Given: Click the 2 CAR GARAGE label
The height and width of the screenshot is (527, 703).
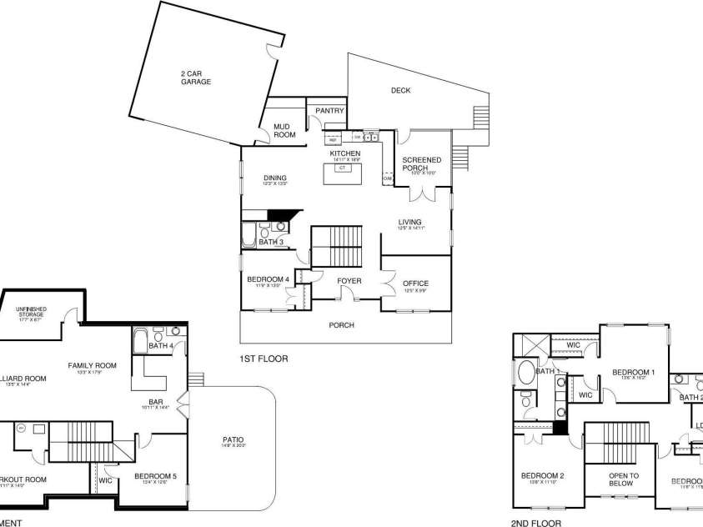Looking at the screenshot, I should coord(196,78).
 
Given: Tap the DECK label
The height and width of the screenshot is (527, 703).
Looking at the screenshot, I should coord(401,91).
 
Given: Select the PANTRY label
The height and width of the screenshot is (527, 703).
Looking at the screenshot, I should coord(329,110).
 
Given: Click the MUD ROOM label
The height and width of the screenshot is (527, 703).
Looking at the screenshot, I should coord(284,130).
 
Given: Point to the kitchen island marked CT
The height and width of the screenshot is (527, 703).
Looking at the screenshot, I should coord(342,168).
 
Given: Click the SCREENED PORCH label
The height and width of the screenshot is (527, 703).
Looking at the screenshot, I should coord(422,163).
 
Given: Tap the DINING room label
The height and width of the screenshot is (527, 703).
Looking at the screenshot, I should coord(275,178).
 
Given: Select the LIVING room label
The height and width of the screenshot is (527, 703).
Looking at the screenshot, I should coord(409,222).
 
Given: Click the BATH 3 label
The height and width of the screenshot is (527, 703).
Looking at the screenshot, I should coord(271,242).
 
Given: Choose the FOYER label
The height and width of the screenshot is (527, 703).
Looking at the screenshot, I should coord(349,281).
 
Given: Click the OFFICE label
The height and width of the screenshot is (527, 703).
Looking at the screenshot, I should coord(415,284).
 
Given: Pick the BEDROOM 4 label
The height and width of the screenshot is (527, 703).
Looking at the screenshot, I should coord(268,279).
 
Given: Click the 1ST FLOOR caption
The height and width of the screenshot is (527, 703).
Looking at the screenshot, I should coord(263,359).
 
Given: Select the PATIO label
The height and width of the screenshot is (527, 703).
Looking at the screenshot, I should coord(233,440).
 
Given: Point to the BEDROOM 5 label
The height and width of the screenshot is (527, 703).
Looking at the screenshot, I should coord(155,476).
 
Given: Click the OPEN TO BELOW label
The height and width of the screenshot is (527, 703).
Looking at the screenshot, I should coord(623,479).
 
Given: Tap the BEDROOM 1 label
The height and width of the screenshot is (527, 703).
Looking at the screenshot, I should coord(634,372).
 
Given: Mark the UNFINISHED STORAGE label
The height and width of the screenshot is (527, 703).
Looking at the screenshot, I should coord(32,313).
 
